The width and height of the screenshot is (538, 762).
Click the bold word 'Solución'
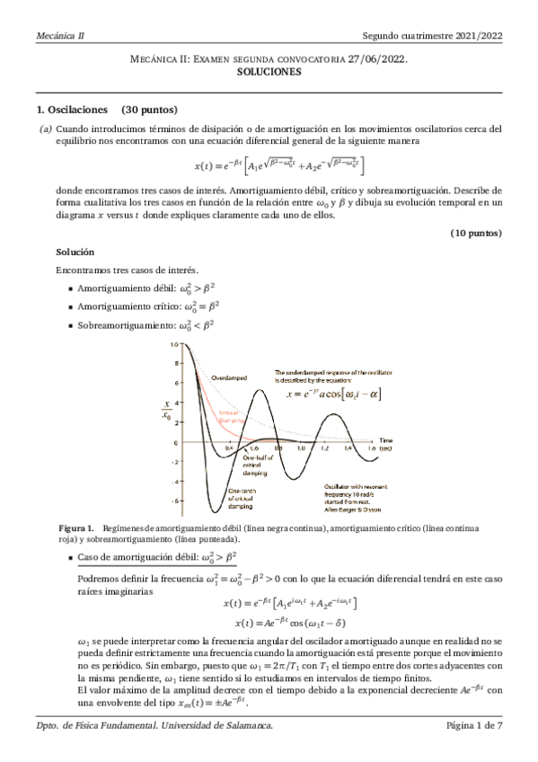click(x=74, y=252)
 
